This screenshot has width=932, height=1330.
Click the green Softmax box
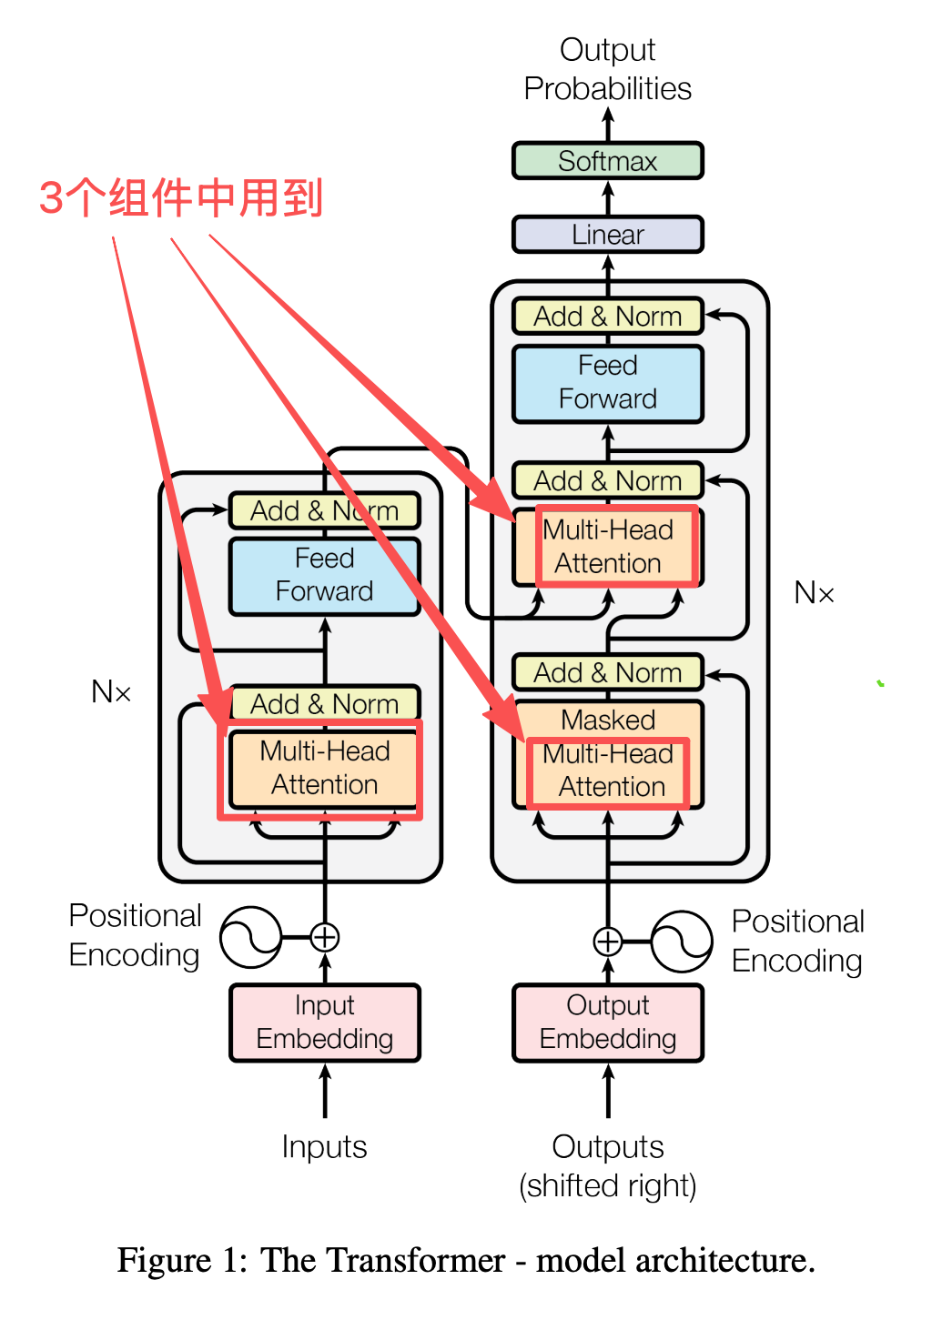[608, 161]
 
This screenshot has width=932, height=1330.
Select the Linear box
[608, 235]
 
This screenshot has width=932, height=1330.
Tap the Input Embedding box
[325, 1023]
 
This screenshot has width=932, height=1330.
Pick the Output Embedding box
[608, 1023]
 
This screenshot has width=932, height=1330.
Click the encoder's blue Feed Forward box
[325, 576]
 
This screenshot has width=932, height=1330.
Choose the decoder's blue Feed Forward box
[608, 383]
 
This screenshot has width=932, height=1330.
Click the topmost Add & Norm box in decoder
[608, 317]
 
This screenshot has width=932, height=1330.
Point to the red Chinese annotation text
[181, 198]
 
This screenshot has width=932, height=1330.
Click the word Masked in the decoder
[608, 720]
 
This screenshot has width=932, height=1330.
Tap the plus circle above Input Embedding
[325, 936]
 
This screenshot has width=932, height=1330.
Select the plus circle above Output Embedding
[608, 941]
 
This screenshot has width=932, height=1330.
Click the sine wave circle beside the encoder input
[250, 937]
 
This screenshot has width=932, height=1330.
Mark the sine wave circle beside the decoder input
[682, 942]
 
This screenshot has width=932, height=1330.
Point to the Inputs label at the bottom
[324, 1147]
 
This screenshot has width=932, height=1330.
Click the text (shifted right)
[608, 1186]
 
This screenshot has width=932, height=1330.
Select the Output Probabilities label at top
[608, 69]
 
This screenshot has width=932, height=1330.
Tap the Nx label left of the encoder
[111, 692]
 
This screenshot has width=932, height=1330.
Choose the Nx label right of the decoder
[814, 593]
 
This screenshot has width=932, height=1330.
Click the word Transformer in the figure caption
[415, 1261]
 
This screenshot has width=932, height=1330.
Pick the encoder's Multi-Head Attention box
[325, 769]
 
